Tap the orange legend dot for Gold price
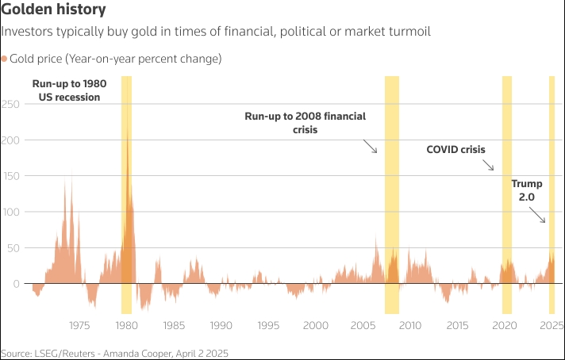tap(5, 59)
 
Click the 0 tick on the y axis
tap(16, 283)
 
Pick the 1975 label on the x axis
tap(79, 325)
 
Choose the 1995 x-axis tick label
tap(268, 325)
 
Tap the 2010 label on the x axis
tap(410, 325)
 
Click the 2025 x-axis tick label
tap(552, 325)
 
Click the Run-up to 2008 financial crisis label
tap(306, 122)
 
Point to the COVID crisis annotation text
tap(455, 149)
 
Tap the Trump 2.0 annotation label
tap(526, 190)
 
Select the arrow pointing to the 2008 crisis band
tap(371, 146)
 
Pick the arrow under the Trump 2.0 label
tap(538, 214)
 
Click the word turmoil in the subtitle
tap(407, 32)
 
